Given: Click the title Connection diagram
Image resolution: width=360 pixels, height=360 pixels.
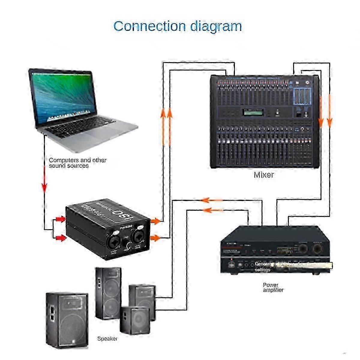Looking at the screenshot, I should point(178,26).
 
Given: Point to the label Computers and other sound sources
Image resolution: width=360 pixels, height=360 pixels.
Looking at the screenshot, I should point(77,163).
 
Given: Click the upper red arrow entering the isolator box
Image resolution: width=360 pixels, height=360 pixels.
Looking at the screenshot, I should point(61,220).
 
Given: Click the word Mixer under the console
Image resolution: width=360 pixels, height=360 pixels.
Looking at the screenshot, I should point(264,175).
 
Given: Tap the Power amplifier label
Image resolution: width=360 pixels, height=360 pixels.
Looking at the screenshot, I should point(273,287).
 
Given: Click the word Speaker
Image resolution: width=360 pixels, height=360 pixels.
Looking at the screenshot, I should point(107,339).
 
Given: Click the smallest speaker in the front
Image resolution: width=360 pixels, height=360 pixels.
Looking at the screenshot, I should point(135,320).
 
